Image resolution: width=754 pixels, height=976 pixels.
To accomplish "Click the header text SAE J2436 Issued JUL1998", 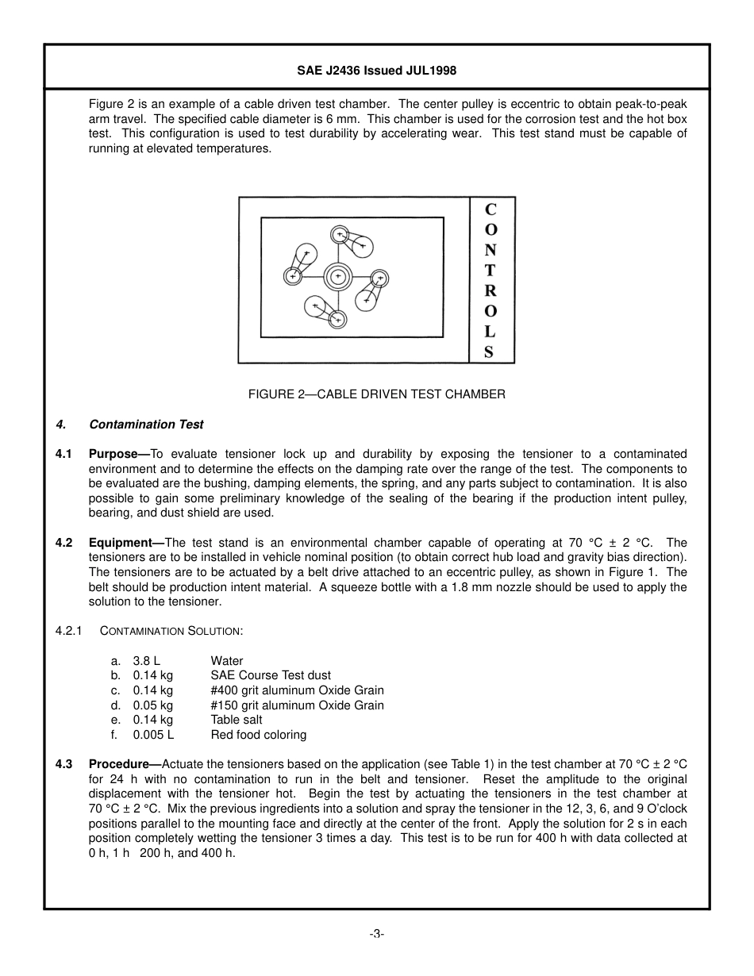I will point(376,71).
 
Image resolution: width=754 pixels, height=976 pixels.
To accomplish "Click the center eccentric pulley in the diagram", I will point(338,276).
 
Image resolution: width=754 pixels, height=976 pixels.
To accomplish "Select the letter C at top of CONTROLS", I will point(490,210).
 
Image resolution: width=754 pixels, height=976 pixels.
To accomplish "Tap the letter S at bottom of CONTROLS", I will point(489,352).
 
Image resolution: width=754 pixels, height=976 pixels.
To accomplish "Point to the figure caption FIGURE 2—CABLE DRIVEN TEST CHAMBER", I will point(376,394).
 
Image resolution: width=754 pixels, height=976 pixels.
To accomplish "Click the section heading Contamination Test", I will point(146,425).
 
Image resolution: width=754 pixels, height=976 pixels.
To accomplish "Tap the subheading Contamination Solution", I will point(171,631).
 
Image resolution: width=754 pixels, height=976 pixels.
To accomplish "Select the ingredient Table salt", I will point(237,720).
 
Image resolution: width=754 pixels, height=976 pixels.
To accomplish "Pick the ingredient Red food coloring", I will point(258,735).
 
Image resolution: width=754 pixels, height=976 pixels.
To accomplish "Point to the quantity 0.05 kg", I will point(152,705).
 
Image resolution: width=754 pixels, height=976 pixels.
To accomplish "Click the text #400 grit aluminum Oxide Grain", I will point(297,690).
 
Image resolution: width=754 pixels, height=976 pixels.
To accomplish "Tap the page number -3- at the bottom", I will point(376,934).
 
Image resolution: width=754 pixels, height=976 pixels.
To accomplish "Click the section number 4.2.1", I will point(69,631).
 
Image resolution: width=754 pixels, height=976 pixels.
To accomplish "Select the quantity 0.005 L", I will point(153,735).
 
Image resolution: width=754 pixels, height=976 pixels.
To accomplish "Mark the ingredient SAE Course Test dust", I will point(271,675).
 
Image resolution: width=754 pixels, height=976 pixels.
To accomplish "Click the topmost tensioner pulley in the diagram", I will point(340,234).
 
